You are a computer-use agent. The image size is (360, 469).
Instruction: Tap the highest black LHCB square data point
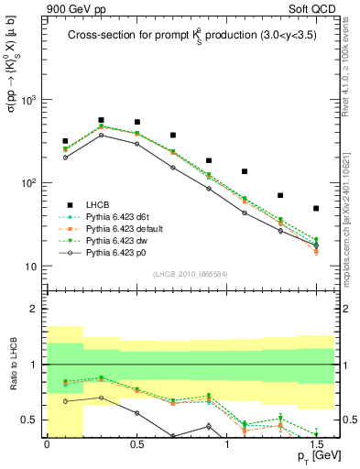(x=101, y=120)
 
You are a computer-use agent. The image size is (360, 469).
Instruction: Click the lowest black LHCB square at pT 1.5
(x=316, y=208)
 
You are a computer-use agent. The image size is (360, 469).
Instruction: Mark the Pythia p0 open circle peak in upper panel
(x=101, y=135)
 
